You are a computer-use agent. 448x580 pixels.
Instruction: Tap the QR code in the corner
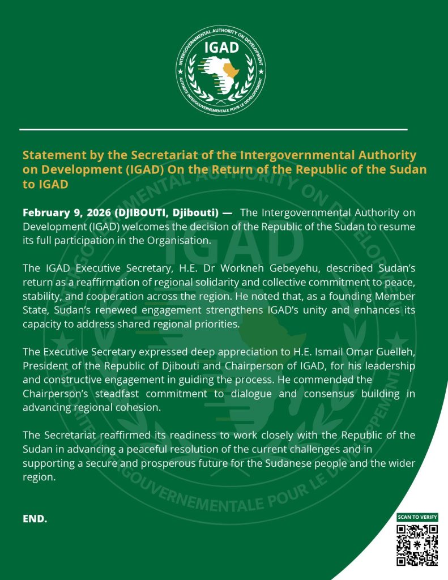tap(417, 545)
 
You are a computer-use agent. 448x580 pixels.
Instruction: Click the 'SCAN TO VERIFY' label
tap(417, 517)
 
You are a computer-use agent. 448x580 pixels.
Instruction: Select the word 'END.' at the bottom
tap(35, 519)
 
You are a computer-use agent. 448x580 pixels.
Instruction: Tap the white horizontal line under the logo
tap(214, 130)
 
